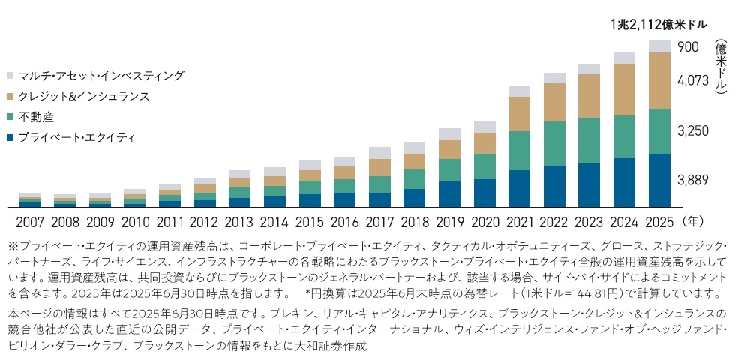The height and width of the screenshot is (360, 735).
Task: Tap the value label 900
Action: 688,47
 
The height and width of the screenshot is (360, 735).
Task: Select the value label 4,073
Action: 693,79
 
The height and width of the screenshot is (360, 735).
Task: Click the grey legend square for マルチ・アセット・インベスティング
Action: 9,76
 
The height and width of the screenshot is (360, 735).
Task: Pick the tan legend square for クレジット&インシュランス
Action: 9,97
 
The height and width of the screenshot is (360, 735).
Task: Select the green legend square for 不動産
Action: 9,117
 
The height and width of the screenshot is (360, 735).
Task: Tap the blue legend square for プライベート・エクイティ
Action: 9,138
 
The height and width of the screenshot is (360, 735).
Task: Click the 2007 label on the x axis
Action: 31,222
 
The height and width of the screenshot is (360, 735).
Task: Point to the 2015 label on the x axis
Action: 310,222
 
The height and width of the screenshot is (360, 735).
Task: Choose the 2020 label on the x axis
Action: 484,222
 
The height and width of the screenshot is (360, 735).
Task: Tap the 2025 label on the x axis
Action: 658,222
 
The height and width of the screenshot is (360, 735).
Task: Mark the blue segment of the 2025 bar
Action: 658,180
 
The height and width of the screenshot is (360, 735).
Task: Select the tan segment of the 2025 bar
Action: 658,80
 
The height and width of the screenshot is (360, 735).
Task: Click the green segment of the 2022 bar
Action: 554,143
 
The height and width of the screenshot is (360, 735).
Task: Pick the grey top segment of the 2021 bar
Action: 520,91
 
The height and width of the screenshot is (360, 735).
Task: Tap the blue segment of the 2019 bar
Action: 450,193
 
